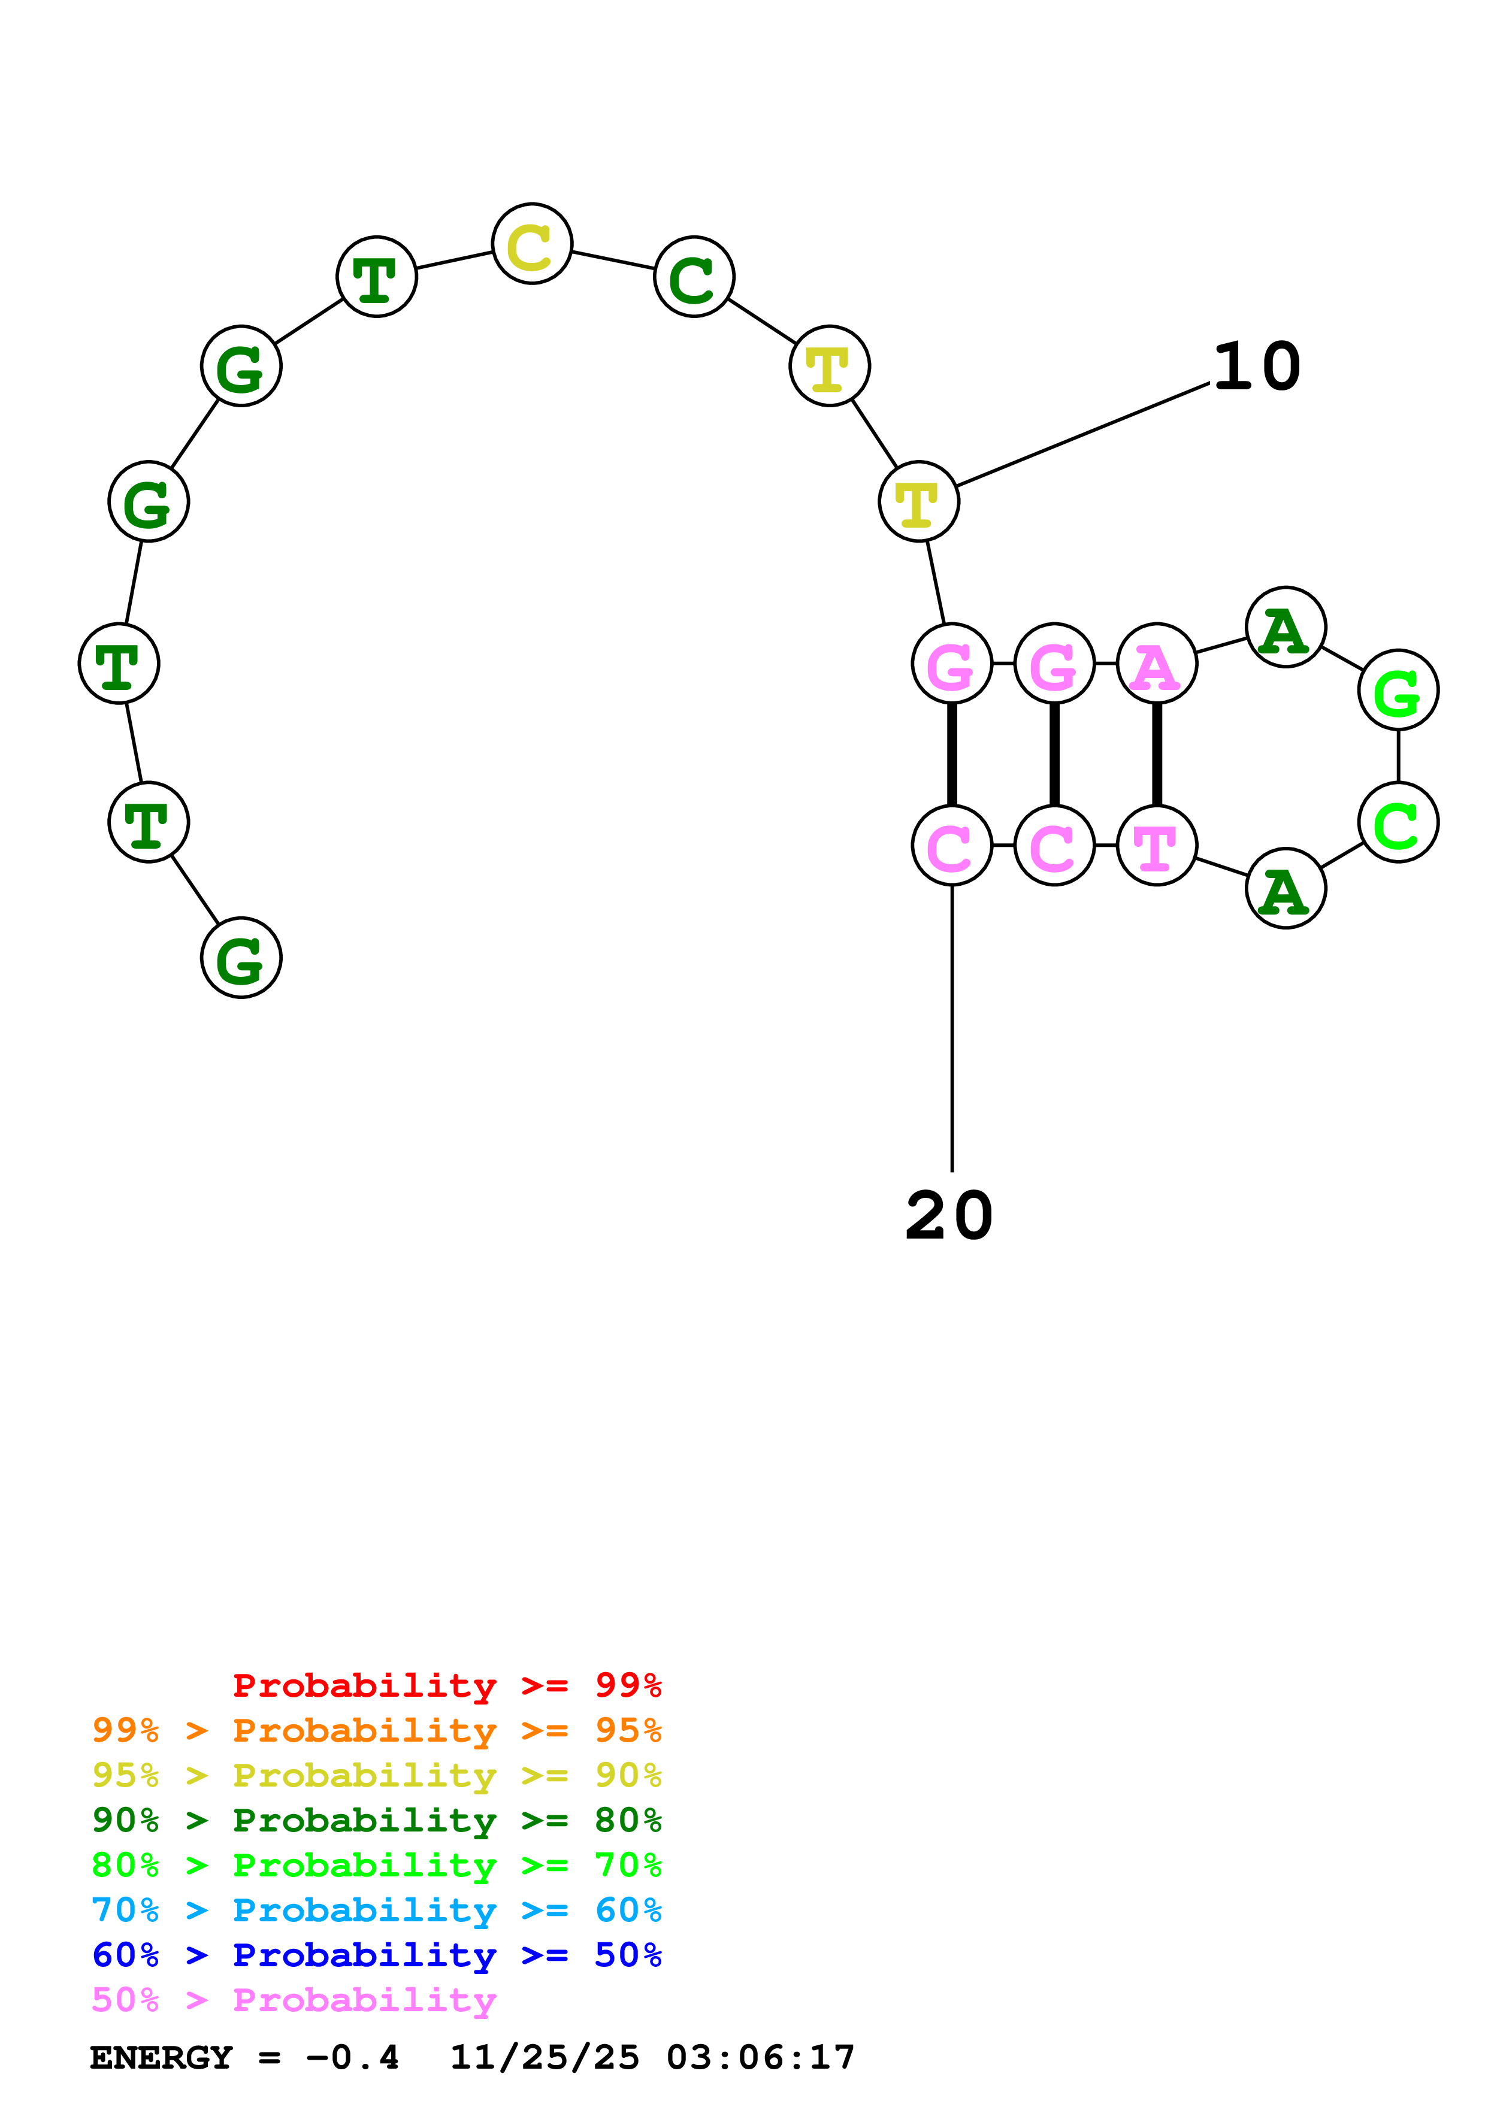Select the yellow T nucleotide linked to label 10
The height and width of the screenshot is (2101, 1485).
pyautogui.click(x=919, y=501)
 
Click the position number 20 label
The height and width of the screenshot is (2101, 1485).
pyautogui.click(x=949, y=1216)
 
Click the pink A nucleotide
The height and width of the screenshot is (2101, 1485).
pyautogui.click(x=1157, y=664)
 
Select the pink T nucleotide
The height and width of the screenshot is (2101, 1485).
pyautogui.click(x=1157, y=846)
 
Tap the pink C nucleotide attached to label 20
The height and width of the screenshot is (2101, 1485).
pyautogui.click(x=952, y=846)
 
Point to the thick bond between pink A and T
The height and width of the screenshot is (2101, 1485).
pyautogui.click(x=1157, y=755)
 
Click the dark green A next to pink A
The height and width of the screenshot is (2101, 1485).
pyautogui.click(x=1286, y=628)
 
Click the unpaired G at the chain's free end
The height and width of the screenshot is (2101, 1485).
pyautogui.click(x=241, y=958)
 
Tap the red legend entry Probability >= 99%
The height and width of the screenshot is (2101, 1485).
pyautogui.click(x=446, y=1685)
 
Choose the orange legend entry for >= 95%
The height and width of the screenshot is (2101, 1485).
pyautogui.click(x=376, y=1730)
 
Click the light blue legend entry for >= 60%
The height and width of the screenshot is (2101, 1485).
pyautogui.click(x=376, y=1910)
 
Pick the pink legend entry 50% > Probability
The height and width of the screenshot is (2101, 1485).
pyautogui.click(x=293, y=2000)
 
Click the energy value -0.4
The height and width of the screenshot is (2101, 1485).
pyautogui.click(x=352, y=2058)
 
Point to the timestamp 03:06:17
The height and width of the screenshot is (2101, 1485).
pyautogui.click(x=760, y=2058)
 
